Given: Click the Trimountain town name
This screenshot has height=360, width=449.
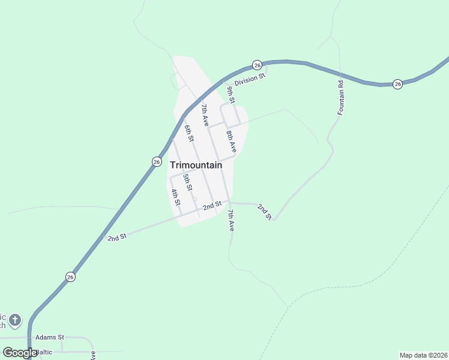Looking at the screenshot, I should pos(196,165).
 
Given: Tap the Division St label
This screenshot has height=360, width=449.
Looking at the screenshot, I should pos(250,79).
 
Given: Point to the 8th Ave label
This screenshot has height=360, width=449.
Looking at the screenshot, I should pos(231,141).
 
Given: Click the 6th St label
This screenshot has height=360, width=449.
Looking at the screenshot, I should pos(189,133).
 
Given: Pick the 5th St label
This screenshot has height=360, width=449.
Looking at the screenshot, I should pos(187,182).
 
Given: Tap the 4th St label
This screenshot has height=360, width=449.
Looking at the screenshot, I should pos(175,197).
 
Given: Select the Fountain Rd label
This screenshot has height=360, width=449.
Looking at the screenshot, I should pos(340,97).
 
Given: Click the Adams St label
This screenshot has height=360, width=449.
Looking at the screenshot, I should pos(49,338).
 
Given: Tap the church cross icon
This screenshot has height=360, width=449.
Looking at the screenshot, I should pos(15,320).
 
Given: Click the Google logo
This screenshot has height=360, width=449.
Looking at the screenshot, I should pos(19,353).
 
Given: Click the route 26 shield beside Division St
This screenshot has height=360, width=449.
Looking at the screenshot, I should pos(257,65).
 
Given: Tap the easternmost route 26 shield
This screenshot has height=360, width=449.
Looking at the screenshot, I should pos(397,84).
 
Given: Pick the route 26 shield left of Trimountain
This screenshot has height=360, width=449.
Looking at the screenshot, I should pos(156,161).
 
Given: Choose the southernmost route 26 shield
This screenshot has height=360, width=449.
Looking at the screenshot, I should pos(70,277).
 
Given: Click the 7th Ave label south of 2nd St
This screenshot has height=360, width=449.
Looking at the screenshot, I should pos(231,220).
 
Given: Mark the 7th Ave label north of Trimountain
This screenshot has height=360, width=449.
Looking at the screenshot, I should pos(205,115).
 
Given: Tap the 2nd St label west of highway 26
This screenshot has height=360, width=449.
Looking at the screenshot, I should pos(117,237).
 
